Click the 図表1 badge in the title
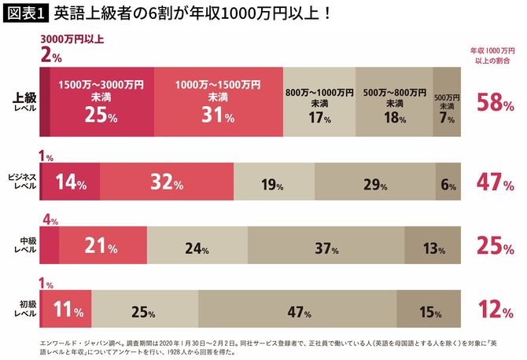(x=26, y=14)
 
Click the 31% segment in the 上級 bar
(x=218, y=102)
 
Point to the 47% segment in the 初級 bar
(x=297, y=311)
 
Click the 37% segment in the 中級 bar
(x=326, y=248)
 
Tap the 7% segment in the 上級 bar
(x=446, y=102)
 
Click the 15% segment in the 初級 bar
(x=428, y=311)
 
